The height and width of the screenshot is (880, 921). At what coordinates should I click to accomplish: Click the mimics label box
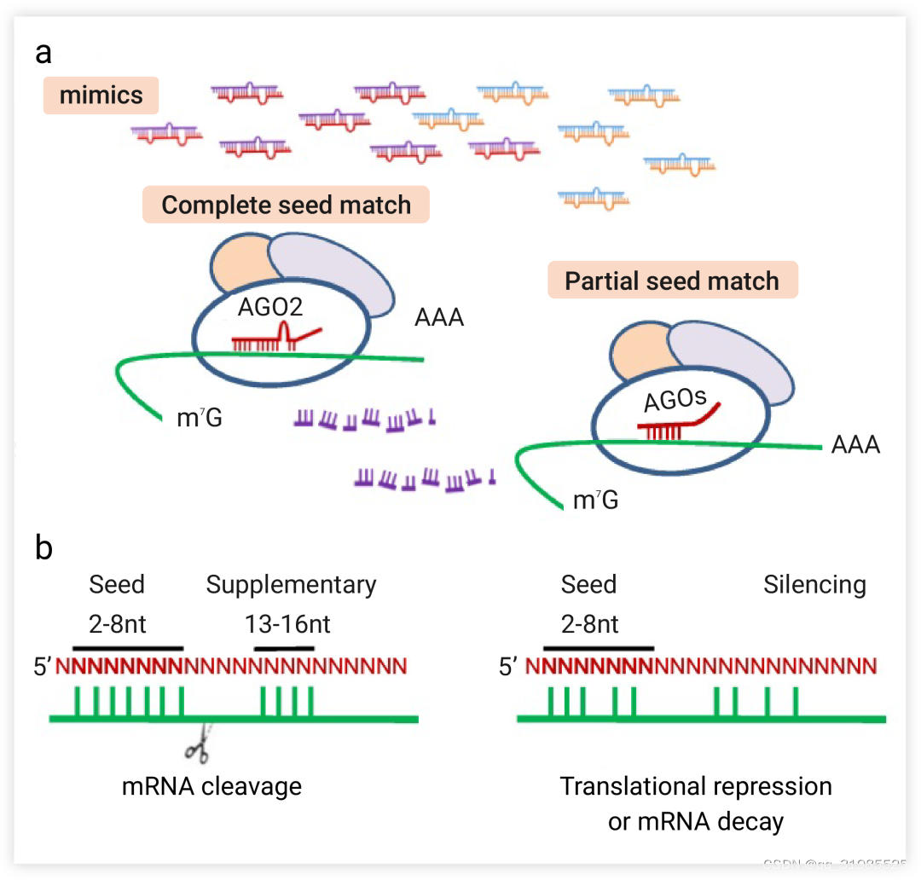[x=101, y=95]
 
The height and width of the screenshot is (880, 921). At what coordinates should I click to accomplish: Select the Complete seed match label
[x=286, y=206]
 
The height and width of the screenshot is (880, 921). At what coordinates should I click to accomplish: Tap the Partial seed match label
[x=672, y=281]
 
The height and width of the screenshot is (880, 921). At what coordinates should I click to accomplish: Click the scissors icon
[x=199, y=748]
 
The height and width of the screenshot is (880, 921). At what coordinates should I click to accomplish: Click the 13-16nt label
[x=287, y=624]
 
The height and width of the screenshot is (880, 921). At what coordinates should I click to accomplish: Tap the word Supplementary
[x=291, y=585]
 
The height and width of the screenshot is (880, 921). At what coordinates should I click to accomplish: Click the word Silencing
[x=814, y=585]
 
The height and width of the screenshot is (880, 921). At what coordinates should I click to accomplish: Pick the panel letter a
[x=43, y=53]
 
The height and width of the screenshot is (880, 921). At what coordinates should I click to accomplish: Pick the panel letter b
[x=43, y=547]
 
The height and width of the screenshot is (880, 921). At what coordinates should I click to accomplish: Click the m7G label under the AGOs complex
[x=595, y=501]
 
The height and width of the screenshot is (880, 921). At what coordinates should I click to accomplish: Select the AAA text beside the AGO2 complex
[x=439, y=318]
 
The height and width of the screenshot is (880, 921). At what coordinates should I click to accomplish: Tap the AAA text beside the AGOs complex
[x=854, y=445]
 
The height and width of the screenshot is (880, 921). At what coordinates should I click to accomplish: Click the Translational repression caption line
[x=695, y=785]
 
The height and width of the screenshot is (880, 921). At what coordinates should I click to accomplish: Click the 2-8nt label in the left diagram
[x=118, y=624]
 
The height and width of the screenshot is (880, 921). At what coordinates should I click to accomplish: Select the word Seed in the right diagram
[x=588, y=585]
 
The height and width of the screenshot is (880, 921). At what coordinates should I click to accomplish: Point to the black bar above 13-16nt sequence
[x=285, y=648]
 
